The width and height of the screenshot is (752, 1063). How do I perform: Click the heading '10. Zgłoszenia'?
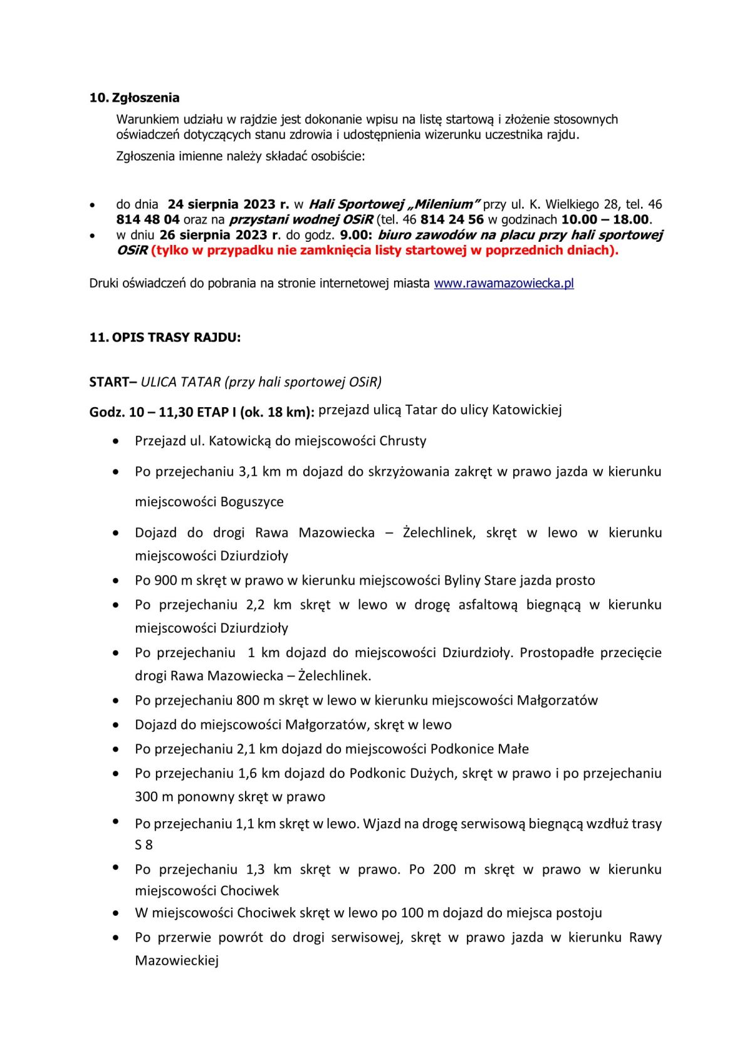(x=134, y=98)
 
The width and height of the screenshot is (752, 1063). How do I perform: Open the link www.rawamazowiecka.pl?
(x=504, y=283)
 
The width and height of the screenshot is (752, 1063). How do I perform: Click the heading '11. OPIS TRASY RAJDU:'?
(x=165, y=338)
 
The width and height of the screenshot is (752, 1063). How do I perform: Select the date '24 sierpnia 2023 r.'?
(x=228, y=204)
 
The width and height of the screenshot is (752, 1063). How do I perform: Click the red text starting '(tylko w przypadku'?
(x=384, y=250)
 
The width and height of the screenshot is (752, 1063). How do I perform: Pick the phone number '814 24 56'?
(x=452, y=219)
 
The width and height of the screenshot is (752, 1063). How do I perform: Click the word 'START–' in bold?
(x=113, y=382)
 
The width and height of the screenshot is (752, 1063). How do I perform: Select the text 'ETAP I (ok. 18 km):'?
(x=256, y=412)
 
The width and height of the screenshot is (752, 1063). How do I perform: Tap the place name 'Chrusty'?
(x=403, y=441)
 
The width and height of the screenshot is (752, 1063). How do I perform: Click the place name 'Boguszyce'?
(x=252, y=502)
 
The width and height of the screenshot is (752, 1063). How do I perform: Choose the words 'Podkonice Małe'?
(x=479, y=749)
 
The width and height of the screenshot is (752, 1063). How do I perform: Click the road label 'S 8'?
(x=144, y=845)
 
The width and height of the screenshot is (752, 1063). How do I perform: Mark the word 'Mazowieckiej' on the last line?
(x=177, y=961)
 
